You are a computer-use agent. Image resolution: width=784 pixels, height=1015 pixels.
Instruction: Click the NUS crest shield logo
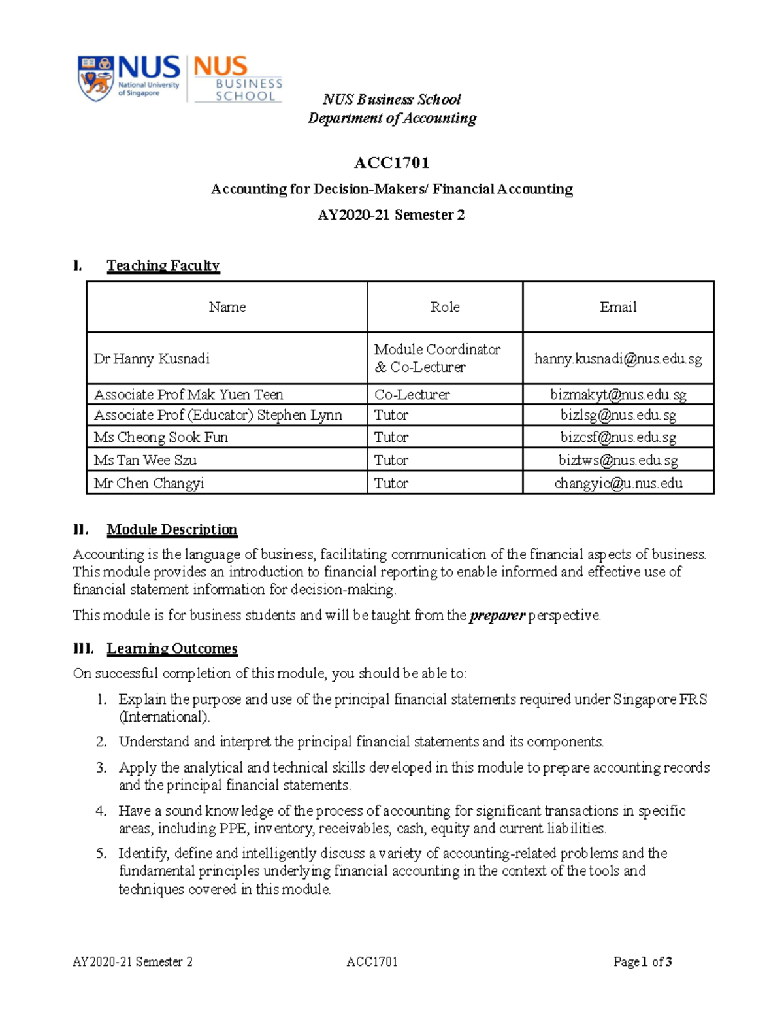95,78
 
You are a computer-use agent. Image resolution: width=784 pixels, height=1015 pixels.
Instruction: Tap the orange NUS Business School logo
238,78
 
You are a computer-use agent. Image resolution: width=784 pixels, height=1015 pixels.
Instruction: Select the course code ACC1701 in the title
391,162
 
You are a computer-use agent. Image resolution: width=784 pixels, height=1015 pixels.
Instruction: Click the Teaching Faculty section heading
163,265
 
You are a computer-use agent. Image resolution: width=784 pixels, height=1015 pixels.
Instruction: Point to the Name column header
227,307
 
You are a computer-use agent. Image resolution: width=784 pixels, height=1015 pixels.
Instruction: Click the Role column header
444,307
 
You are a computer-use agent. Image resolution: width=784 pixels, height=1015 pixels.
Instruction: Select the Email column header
617,307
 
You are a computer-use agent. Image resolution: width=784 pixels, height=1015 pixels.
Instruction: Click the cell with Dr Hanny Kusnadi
152,359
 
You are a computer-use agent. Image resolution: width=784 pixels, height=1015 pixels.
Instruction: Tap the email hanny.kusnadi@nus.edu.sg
617,359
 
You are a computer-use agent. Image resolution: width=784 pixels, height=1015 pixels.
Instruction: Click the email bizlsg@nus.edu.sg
617,416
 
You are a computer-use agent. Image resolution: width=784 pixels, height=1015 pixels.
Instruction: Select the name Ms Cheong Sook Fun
161,437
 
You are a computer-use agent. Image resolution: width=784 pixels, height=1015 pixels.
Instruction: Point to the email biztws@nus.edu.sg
617,460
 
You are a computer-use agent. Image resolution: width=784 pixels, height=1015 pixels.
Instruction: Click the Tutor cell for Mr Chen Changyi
391,484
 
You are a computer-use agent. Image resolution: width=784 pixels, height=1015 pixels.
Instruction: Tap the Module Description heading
172,529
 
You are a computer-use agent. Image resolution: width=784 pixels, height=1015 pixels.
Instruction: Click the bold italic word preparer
497,616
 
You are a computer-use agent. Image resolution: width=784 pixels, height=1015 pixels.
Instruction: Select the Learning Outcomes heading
172,648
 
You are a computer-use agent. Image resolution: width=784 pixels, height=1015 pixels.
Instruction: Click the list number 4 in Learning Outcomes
101,811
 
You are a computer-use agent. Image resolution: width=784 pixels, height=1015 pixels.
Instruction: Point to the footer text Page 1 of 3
642,961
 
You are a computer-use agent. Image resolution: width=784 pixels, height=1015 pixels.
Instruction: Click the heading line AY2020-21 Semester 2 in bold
391,215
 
